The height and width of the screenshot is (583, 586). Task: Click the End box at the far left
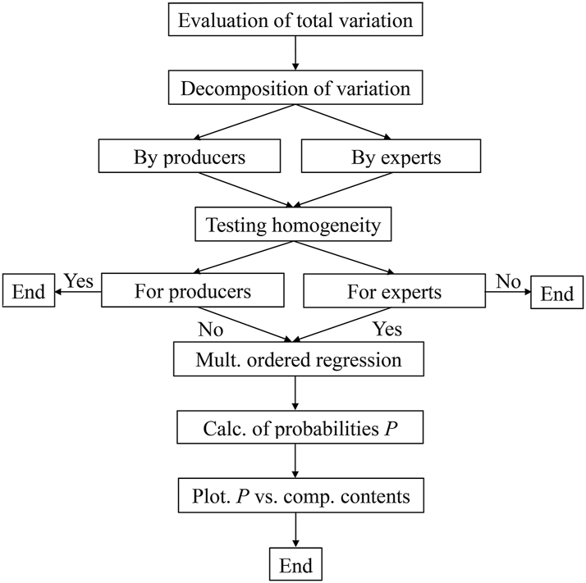(x=29, y=292)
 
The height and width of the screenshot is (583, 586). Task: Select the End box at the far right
(x=556, y=293)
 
